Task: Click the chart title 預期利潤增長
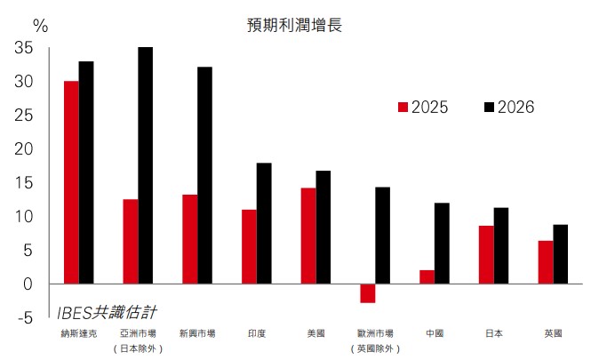pos(294,24)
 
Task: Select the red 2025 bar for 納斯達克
pos(71,182)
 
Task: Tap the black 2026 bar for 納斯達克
pos(86,172)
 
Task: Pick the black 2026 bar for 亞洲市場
pos(145,165)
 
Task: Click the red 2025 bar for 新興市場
pos(189,239)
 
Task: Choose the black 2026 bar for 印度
pos(264,223)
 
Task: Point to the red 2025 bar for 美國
pos(308,236)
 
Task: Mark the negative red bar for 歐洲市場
pos(367,292)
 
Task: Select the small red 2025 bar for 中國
pos(427,276)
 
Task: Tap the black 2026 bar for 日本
pos(501,245)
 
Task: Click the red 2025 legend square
pos(403,108)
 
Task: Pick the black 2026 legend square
pos(489,108)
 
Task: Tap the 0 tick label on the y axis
pos(28,284)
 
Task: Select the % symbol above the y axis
pos(41,25)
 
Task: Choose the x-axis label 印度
pos(256,333)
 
